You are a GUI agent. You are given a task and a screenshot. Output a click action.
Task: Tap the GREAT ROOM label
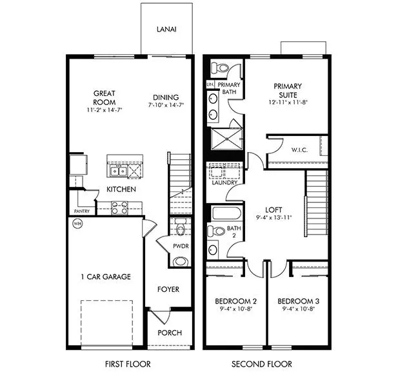point(104,97)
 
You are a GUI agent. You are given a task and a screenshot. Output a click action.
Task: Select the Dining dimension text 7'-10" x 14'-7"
point(166,104)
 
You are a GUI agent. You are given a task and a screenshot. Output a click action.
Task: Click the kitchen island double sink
point(117,171)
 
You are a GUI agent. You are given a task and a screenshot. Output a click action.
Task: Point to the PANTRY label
point(82,211)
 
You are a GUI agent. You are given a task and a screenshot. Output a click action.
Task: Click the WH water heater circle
point(77,224)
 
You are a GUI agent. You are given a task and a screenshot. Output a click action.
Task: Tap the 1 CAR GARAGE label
point(105,276)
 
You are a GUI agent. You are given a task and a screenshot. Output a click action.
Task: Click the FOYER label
point(168,289)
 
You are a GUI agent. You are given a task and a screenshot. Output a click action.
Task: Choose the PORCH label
point(170,332)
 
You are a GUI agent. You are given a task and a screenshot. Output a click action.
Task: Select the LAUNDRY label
point(224,182)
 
